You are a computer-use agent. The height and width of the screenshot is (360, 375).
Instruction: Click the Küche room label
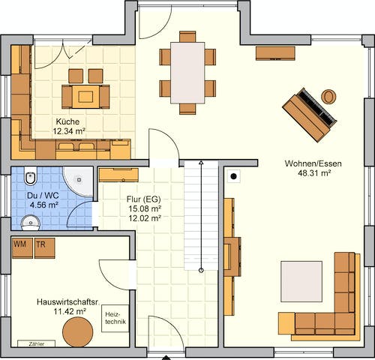pyautogui.click(x=67, y=121)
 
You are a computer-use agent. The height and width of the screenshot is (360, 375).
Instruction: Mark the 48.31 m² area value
pyautogui.click(x=313, y=172)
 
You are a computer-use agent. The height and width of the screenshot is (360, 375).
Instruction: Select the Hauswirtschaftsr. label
pyautogui.click(x=67, y=301)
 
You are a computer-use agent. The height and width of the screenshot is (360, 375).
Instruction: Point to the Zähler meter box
pyautogui.click(x=31, y=343)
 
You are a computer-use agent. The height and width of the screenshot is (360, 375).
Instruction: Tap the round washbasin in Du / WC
pyautogui.click(x=30, y=220)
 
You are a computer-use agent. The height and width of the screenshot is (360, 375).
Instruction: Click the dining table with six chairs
pyautogui.click(x=187, y=73)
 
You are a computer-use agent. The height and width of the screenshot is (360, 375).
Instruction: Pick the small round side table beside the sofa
pyautogui.click(x=328, y=96)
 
